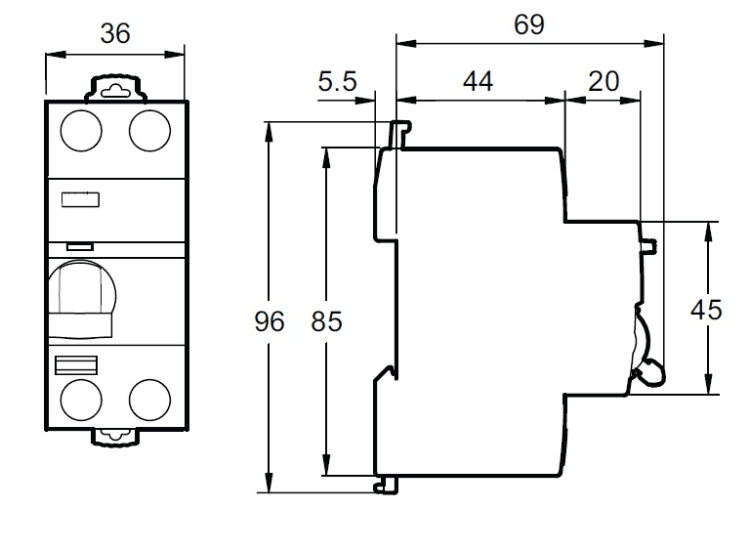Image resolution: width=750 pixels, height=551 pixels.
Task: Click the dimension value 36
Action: tap(115, 33)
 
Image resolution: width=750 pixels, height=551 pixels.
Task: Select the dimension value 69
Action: tap(528, 24)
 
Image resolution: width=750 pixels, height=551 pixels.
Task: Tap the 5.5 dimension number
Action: tap(338, 82)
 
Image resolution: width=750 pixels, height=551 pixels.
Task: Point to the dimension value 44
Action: tap(478, 81)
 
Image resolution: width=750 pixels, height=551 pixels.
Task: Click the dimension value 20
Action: tap(604, 81)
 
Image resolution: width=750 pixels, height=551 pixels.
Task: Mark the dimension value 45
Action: tap(706, 310)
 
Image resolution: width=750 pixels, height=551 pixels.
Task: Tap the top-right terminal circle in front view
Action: tap(149, 130)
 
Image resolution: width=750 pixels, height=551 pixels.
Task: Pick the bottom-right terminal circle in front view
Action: tap(149, 400)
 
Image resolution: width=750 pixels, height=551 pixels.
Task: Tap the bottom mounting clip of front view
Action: tap(115, 437)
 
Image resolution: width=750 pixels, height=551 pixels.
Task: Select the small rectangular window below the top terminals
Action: tap(80, 200)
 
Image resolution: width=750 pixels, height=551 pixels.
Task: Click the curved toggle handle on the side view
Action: tap(646, 347)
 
